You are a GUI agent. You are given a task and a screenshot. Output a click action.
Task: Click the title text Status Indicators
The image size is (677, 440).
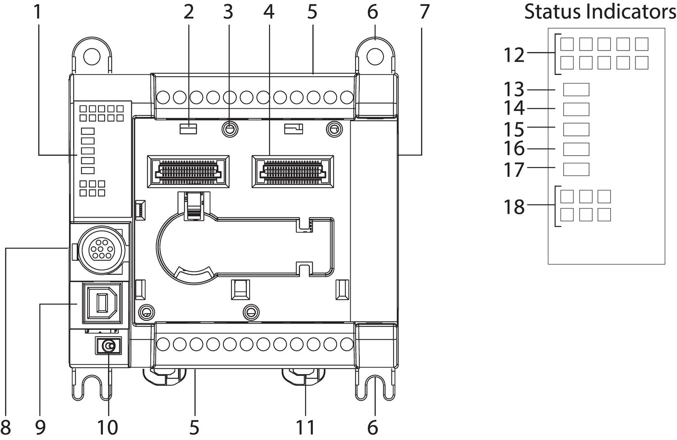tap(600, 12)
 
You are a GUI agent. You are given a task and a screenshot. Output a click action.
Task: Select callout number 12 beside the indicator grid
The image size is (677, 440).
tap(514, 55)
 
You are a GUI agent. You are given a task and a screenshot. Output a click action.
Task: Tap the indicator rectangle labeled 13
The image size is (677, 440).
tap(576, 89)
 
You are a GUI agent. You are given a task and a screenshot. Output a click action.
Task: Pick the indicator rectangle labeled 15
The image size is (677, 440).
tap(576, 129)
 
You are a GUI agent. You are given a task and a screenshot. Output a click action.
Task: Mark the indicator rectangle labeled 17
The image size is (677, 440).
tap(576, 169)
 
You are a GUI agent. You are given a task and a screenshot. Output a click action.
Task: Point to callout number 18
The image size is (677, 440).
tap(514, 207)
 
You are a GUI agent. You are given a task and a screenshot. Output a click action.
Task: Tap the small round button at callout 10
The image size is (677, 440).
tap(109, 346)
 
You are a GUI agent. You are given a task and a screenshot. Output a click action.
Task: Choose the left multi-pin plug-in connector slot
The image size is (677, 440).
tap(188, 170)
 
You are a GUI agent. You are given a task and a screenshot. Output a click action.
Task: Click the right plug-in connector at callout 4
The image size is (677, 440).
tap(292, 170)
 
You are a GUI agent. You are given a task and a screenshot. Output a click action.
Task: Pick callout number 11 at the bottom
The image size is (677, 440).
tap(305, 427)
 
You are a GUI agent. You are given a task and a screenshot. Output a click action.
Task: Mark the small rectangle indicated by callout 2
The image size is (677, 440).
tap(188, 129)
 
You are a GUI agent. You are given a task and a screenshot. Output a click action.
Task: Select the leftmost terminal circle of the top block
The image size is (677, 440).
tap(163, 97)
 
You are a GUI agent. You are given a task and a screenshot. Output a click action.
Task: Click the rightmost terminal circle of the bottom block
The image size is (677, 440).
tap(346, 344)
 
